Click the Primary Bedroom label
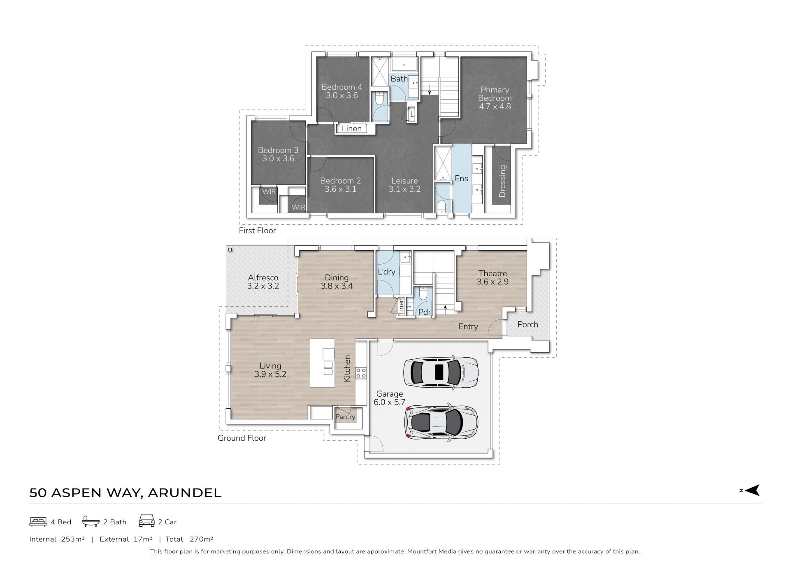pyautogui.click(x=495, y=98)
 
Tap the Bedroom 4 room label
pyautogui.click(x=342, y=91)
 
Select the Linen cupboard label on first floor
pyautogui.click(x=352, y=128)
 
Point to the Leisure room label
pyautogui.click(x=404, y=185)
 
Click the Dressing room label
pyautogui.click(x=502, y=181)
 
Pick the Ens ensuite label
pyautogui.click(x=461, y=178)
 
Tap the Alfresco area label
pyautogui.click(x=263, y=282)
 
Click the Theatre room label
pyautogui.click(x=493, y=277)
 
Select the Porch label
pyautogui.click(x=527, y=324)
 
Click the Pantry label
pyautogui.click(x=345, y=417)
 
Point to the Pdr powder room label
pyautogui.click(x=424, y=312)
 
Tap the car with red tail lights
pyautogui.click(x=441, y=423)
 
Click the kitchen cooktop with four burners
pyautogui.click(x=361, y=373)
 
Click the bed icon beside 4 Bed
pyautogui.click(x=38, y=521)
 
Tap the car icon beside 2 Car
pyautogui.click(x=147, y=521)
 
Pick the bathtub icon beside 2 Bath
pyautogui.click(x=91, y=521)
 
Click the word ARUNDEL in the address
pyautogui.click(x=184, y=493)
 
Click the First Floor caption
pyautogui.click(x=257, y=230)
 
